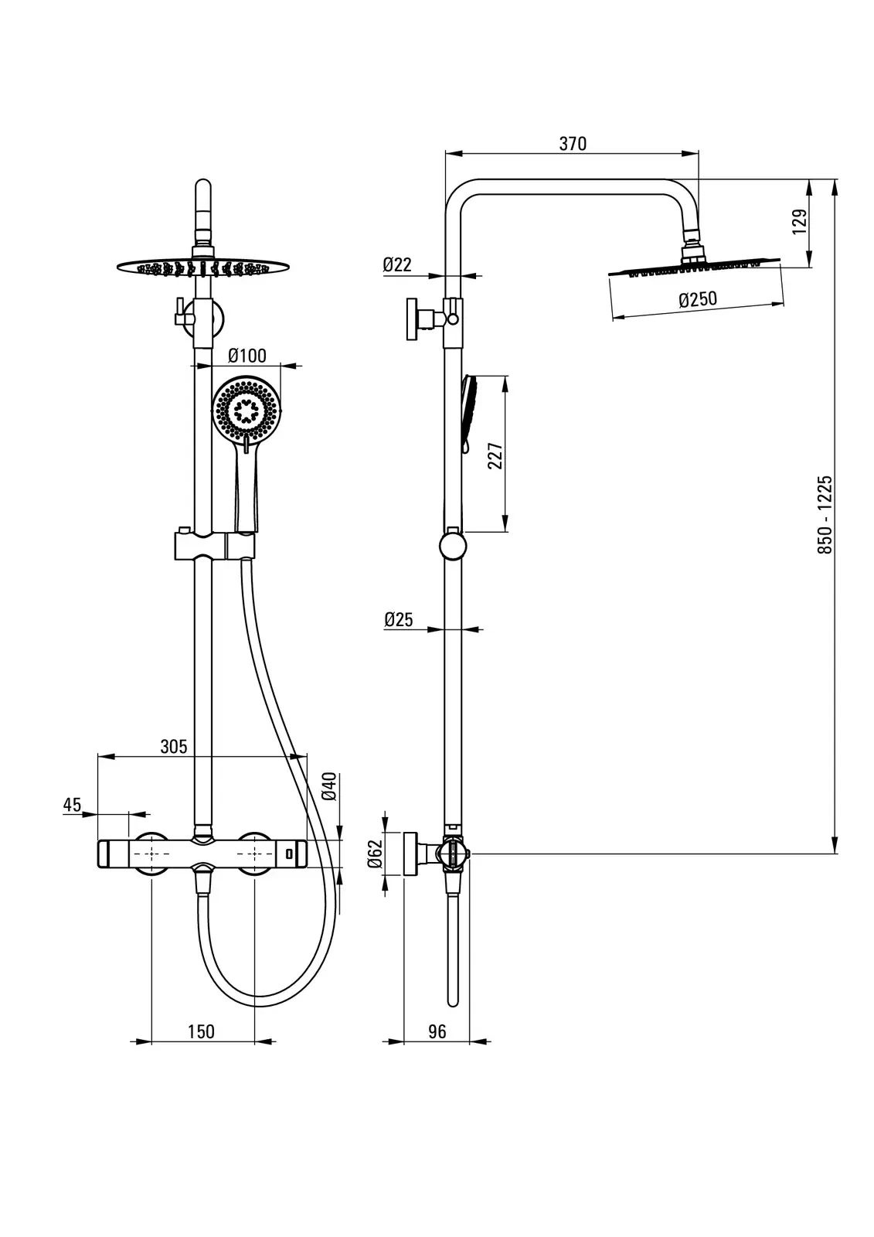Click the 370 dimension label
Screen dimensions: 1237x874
click(x=572, y=144)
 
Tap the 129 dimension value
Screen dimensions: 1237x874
click(x=800, y=220)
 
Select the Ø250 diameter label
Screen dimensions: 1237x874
click(x=698, y=299)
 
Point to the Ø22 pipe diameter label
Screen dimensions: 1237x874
click(x=397, y=264)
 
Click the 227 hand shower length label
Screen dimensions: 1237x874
click(x=495, y=455)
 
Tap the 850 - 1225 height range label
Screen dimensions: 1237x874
click(x=825, y=514)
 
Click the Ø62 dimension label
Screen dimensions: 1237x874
click(x=376, y=854)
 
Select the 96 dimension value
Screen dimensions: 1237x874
click(x=437, y=1031)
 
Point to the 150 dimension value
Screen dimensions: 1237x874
click(x=201, y=1031)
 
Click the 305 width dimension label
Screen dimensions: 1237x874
click(x=174, y=746)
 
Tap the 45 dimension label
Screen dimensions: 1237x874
click(x=72, y=804)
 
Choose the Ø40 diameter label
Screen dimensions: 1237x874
click(x=328, y=785)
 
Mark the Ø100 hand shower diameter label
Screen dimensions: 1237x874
click(x=248, y=356)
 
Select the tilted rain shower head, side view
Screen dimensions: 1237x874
click(x=694, y=267)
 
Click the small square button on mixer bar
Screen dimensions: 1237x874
click(x=289, y=854)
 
